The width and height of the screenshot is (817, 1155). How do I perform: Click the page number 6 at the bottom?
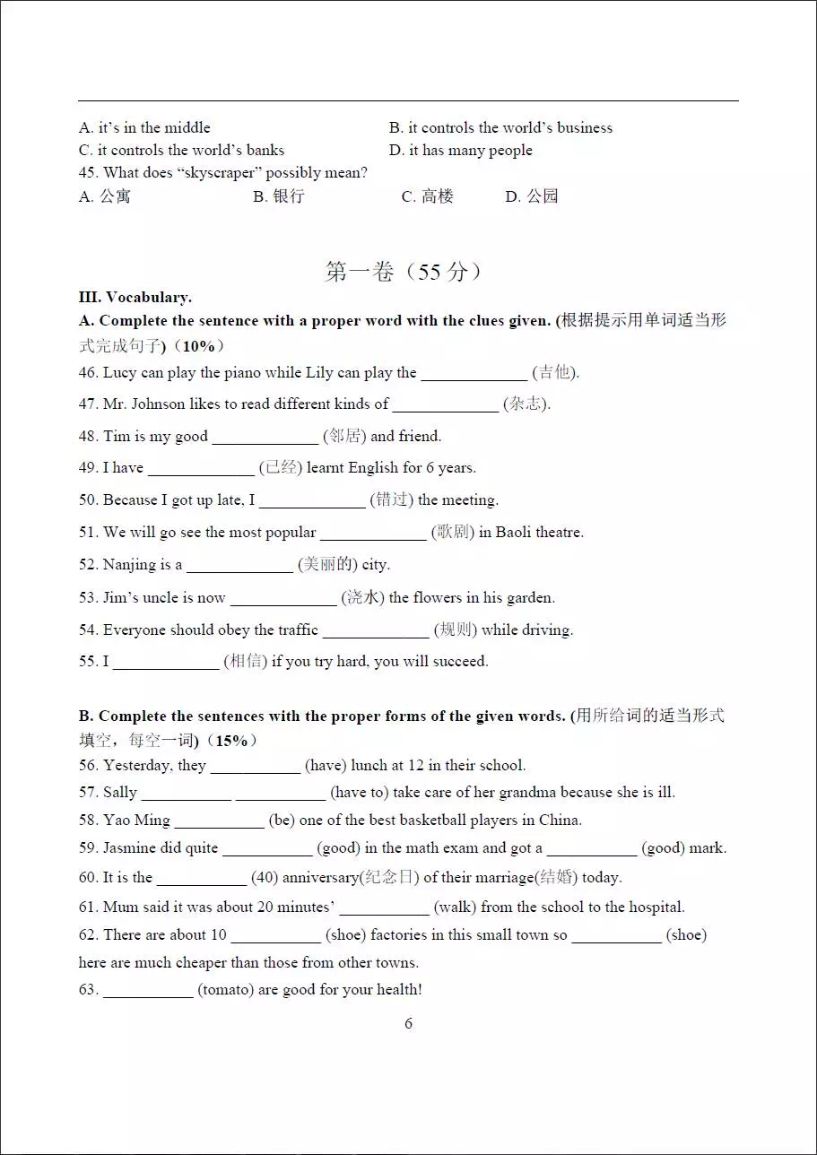tap(408, 1023)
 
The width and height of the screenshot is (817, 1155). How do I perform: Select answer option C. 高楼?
tap(428, 196)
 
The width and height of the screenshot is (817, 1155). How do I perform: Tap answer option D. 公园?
tap(532, 196)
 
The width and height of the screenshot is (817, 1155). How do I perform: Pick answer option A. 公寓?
tap(105, 196)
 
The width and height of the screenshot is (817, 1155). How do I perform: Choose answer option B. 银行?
tap(279, 196)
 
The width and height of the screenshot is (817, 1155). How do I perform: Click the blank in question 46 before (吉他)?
tap(474, 374)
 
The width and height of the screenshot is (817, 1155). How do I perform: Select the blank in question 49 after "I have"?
tap(201, 469)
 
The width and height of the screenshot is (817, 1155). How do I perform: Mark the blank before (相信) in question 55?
tap(166, 663)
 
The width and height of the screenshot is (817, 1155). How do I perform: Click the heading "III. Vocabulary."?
tap(135, 297)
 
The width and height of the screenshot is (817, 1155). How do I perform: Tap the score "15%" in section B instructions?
tap(231, 741)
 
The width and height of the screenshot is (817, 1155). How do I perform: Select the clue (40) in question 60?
tap(265, 878)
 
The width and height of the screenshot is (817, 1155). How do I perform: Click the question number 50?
tap(88, 500)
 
